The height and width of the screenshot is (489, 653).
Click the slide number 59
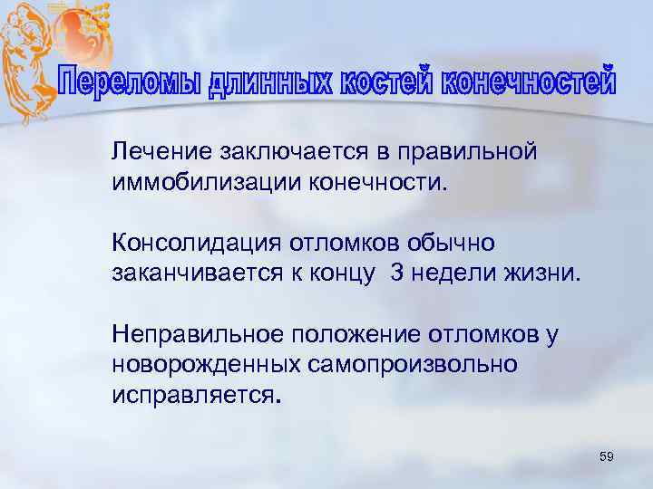click(x=607, y=458)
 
